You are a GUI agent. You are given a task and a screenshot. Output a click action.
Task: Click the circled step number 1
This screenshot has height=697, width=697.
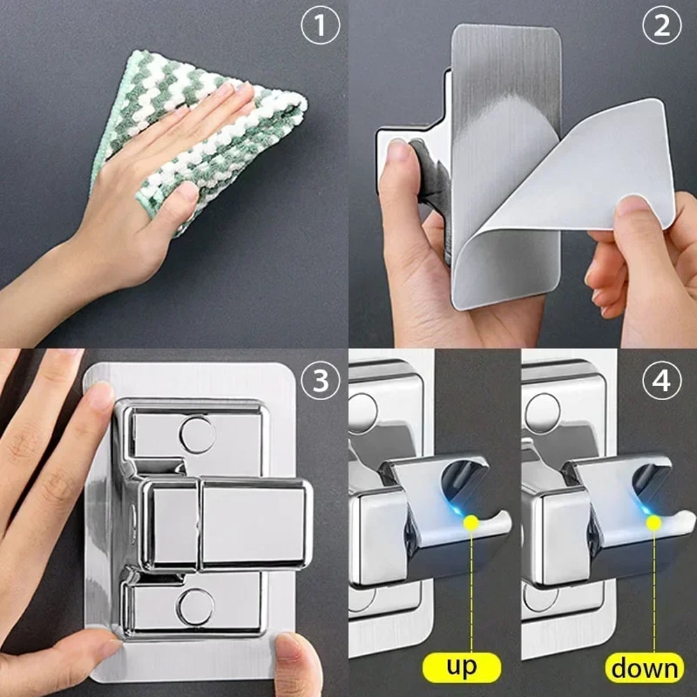click(x=320, y=26)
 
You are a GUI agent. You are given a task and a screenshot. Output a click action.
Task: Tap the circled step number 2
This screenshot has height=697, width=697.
click(x=661, y=26)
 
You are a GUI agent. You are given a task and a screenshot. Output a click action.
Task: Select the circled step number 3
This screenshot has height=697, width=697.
click(x=320, y=383)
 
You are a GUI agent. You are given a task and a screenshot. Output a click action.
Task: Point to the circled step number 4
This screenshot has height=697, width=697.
click(x=661, y=383)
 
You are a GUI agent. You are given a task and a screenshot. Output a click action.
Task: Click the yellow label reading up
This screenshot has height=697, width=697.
click(x=462, y=666)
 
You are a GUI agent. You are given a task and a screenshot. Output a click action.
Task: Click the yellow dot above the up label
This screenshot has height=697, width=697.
click(x=472, y=521)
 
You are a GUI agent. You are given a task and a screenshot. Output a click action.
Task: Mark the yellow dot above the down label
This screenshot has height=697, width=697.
click(x=654, y=521)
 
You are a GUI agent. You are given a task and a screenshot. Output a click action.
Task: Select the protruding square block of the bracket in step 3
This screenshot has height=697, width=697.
click(x=254, y=523)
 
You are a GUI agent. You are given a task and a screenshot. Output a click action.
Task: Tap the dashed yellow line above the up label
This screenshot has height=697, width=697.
click(x=472, y=592)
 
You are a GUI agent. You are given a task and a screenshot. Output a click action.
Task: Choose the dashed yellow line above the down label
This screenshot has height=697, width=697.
click(x=654, y=592)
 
